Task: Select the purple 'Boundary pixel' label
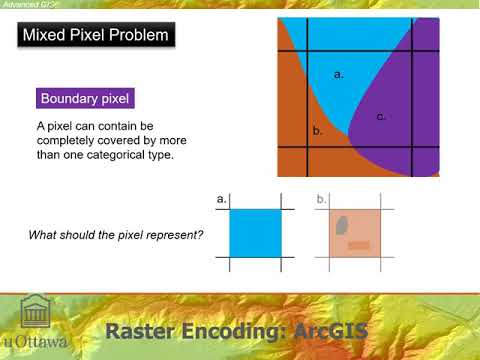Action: [x=86, y=99]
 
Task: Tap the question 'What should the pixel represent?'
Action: [x=116, y=235]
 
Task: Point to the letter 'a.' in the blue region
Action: [x=339, y=74]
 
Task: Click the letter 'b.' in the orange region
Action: [x=317, y=131]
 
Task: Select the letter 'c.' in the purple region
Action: [x=381, y=117]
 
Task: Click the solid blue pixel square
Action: [x=256, y=232]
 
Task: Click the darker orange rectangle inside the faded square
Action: [x=358, y=244]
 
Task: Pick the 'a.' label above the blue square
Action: [x=222, y=200]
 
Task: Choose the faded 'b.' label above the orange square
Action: [x=321, y=200]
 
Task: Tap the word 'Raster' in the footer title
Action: [x=143, y=330]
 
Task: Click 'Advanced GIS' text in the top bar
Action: [x=25, y=4]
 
